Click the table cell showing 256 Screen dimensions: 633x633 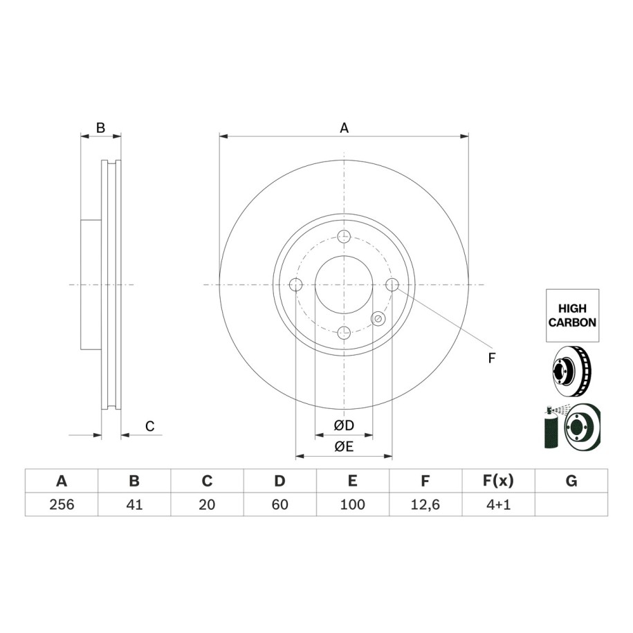tap(62, 504)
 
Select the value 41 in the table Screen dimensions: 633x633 tap(134, 504)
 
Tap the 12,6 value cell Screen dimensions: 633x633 tap(425, 504)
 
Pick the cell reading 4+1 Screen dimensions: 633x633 tap(499, 504)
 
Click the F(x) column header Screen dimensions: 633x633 tap(499, 481)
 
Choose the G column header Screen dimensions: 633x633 tap(571, 481)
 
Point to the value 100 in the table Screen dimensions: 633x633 tap(353, 504)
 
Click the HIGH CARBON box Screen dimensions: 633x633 tap(572, 315)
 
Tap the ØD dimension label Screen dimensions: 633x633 tap(344, 425)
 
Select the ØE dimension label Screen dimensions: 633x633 tap(344, 446)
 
